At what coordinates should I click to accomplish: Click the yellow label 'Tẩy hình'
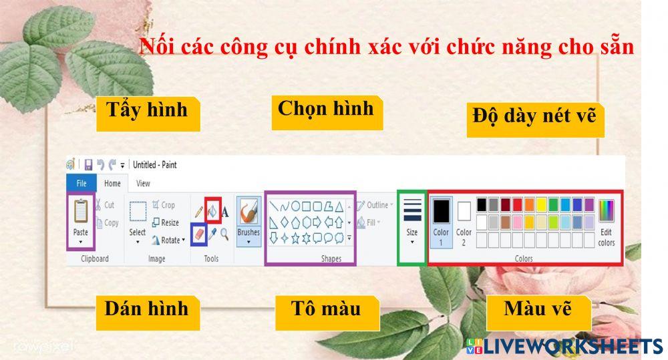coord(147,111)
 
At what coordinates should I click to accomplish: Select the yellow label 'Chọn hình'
coord(326,110)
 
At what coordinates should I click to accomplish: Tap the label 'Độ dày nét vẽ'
coord(534,118)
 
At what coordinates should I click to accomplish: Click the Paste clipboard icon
coord(81,211)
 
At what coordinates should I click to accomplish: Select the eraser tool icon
coord(198,234)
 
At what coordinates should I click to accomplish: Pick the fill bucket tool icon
coord(212,211)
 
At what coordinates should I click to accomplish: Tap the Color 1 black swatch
coord(442,211)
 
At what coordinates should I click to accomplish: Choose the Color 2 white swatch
coord(464,211)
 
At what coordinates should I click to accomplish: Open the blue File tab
coord(81,183)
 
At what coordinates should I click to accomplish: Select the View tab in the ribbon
coord(143,183)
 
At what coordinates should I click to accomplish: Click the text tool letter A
coord(225,212)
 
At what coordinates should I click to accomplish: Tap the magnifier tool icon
coord(224,234)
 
